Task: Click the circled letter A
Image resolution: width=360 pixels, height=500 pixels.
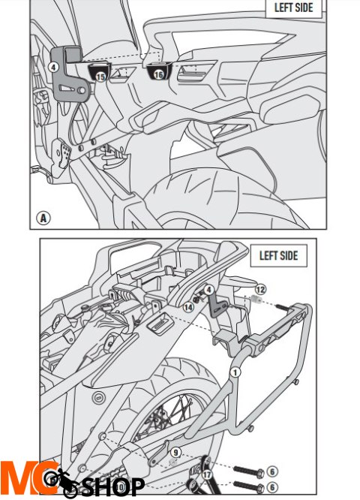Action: click(43, 218)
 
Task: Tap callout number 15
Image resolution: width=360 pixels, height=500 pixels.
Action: click(100, 77)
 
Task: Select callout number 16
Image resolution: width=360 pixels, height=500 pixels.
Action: click(158, 75)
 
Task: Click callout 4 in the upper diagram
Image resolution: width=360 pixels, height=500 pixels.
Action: click(53, 68)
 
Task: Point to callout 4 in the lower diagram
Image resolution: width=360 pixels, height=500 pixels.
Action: click(208, 291)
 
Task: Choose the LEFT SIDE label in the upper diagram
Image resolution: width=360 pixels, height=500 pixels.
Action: click(293, 7)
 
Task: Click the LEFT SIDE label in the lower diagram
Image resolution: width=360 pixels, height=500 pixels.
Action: click(278, 255)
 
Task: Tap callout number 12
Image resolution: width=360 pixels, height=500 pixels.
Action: click(260, 290)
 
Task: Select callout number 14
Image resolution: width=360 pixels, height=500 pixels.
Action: click(188, 307)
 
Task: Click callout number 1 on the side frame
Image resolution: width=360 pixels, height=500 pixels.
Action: click(235, 372)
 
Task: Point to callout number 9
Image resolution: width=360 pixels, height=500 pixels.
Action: click(175, 452)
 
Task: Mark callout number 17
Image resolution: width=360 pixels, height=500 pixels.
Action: click(208, 474)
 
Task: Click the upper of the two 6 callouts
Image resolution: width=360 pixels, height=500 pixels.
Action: click(272, 471)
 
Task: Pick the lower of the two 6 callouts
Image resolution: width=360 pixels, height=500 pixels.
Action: click(272, 487)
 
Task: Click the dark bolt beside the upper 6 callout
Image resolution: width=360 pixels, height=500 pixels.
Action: click(248, 470)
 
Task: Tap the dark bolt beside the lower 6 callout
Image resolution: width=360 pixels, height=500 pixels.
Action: click(248, 486)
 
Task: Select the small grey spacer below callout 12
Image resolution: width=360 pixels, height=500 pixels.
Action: click(256, 300)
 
